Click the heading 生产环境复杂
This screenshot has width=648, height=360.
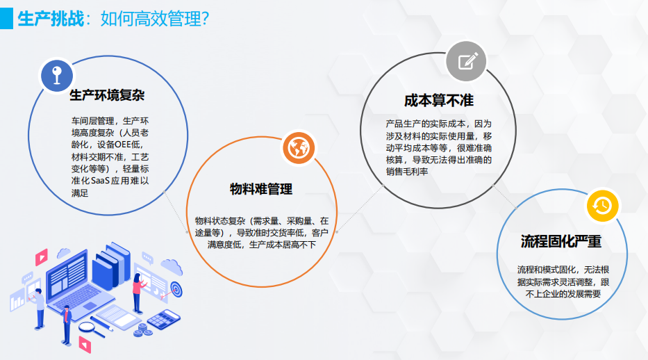click(107, 95)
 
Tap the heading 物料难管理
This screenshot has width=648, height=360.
click(261, 189)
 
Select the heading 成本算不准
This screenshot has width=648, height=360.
click(438, 101)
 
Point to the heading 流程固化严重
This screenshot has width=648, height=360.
click(560, 241)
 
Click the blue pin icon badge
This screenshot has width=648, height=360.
click(57, 76)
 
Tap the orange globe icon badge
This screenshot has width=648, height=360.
click(299, 148)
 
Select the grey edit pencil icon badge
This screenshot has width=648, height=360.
click(467, 61)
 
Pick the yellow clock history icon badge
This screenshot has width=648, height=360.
click(603, 206)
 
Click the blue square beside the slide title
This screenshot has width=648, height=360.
click(7, 19)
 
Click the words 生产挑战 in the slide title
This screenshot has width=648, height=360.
click(51, 19)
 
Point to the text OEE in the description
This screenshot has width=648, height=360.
click(123, 145)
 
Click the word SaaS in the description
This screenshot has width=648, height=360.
click(100, 181)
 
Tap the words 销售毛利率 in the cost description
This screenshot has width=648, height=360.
click(407, 172)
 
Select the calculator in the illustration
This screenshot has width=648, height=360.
click(164, 320)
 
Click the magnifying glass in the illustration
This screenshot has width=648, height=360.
click(92, 329)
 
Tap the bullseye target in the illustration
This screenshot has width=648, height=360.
click(176, 288)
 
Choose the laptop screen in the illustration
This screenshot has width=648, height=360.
click(68, 274)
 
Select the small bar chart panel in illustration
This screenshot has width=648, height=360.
click(17, 300)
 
